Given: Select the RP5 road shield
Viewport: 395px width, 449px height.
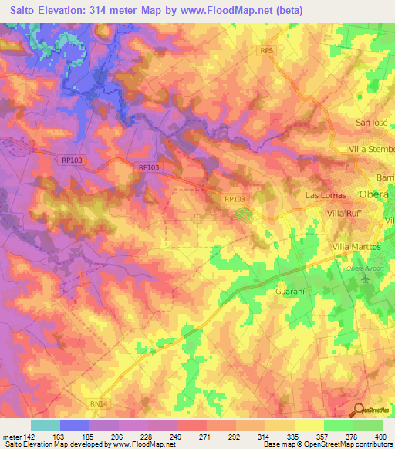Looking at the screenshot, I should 267,50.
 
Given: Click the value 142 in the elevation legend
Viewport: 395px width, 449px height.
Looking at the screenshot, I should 30,436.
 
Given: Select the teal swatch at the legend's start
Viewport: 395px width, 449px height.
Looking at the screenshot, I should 45,425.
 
